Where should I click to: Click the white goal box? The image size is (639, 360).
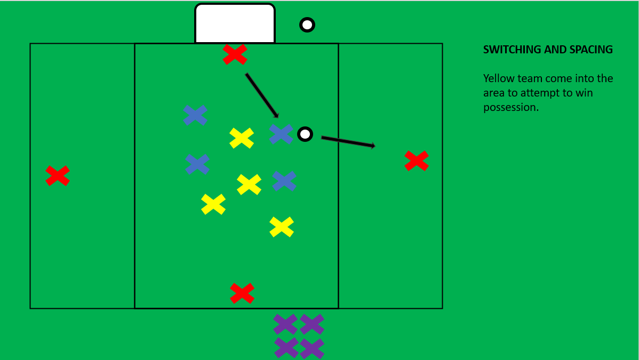[235, 23]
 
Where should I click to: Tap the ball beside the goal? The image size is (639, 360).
[307, 25]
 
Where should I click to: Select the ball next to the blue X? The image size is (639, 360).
[305, 134]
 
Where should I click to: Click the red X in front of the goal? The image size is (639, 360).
[235, 54]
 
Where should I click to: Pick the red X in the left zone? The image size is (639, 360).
[58, 175]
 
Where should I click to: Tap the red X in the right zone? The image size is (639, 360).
[417, 161]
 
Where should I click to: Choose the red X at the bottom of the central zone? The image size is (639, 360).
[242, 293]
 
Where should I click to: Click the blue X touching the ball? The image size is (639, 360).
[281, 134]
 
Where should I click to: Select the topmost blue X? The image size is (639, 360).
[195, 115]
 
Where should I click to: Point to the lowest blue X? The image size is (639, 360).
[284, 181]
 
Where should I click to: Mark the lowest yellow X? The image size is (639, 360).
[282, 227]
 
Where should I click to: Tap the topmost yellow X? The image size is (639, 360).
[242, 138]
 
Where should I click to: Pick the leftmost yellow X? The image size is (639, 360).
[213, 204]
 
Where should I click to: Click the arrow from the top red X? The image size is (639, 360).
[262, 95]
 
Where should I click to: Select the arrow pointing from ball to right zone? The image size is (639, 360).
[348, 141]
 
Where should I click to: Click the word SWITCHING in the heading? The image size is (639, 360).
[512, 50]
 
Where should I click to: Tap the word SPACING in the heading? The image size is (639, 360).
[590, 50]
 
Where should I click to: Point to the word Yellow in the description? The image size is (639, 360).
[498, 79]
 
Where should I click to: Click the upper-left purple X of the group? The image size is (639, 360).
[285, 324]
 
